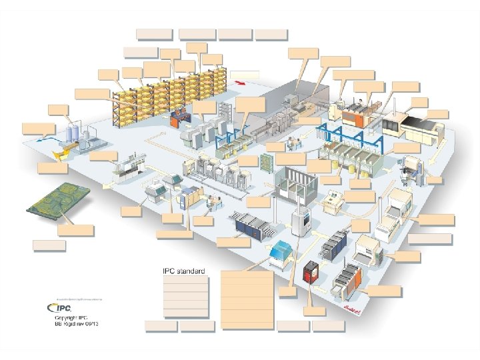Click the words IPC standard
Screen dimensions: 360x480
coord(184,271)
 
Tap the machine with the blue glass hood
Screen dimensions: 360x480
coord(282,251)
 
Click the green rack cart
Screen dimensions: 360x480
coord(268,163)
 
